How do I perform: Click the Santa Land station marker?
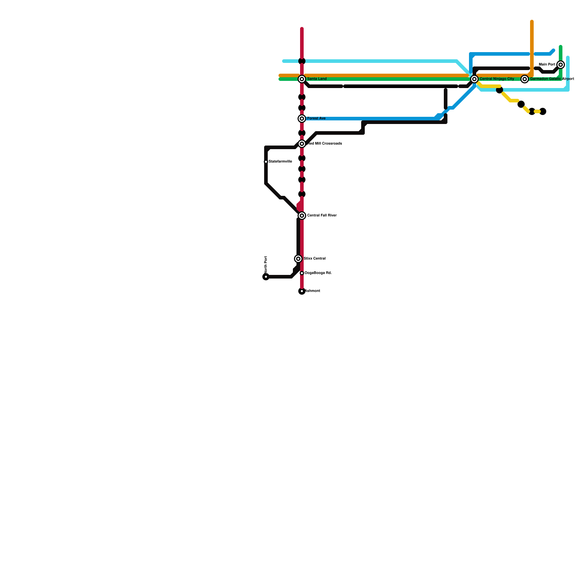302,79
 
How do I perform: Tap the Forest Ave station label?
316,119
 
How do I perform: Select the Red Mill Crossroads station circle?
302,144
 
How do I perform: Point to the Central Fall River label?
322,216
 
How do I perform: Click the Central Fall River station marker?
302,216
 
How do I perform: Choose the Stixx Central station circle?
298,259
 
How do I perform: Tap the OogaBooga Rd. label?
318,273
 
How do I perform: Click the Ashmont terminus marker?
302,291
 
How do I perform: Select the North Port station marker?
266,277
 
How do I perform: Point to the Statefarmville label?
280,162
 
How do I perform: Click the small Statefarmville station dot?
266,162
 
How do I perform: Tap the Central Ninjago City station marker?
474,79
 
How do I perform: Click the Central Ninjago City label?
497,79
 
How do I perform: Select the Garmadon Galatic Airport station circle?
525,79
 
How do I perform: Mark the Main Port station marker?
561,65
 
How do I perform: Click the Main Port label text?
547,65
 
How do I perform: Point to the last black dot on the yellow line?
543,111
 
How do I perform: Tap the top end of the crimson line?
302,29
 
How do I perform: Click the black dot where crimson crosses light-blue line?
302,61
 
